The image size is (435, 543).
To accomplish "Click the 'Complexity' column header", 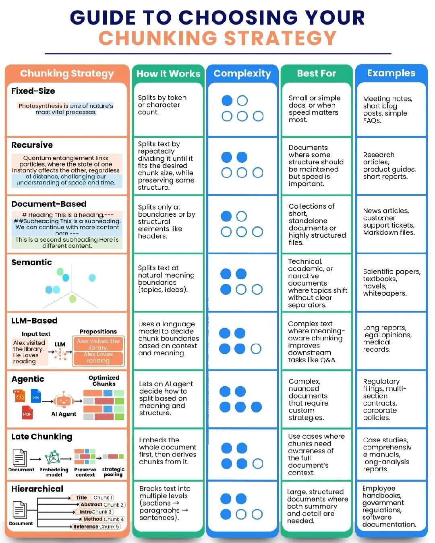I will pyautogui.click(x=242, y=74).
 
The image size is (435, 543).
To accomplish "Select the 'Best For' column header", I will pyautogui.click(x=316, y=73).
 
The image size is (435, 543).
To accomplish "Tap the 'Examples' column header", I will pyautogui.click(x=391, y=73).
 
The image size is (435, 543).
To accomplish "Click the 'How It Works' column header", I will pyautogui.click(x=168, y=74).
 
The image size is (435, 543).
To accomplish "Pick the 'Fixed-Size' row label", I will pyautogui.click(x=33, y=91).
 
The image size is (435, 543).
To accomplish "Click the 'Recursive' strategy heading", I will pyautogui.click(x=32, y=145).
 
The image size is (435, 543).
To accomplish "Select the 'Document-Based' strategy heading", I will pyautogui.click(x=49, y=204).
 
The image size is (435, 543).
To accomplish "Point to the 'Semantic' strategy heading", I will pyautogui.click(x=31, y=262).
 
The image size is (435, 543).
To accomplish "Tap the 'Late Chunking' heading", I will pyautogui.click(x=41, y=437).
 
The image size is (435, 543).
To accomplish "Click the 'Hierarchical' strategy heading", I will pyautogui.click(x=37, y=489).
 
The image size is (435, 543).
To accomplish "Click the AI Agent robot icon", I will pyautogui.click(x=62, y=400).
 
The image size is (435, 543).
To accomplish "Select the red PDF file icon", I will pyautogui.click(x=27, y=412).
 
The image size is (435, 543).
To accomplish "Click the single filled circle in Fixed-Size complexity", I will pyautogui.click(x=227, y=101).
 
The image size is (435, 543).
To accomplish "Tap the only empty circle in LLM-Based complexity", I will pyautogui.click(x=256, y=349).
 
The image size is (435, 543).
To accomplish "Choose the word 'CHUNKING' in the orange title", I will pyautogui.click(x=158, y=38).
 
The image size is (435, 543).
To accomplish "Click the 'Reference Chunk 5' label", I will pyautogui.click(x=96, y=526).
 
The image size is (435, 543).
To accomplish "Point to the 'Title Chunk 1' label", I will pyautogui.click(x=94, y=497).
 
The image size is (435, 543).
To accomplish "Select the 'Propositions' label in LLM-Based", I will pyautogui.click(x=98, y=332).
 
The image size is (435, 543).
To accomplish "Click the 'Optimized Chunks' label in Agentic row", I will pyautogui.click(x=104, y=380).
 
